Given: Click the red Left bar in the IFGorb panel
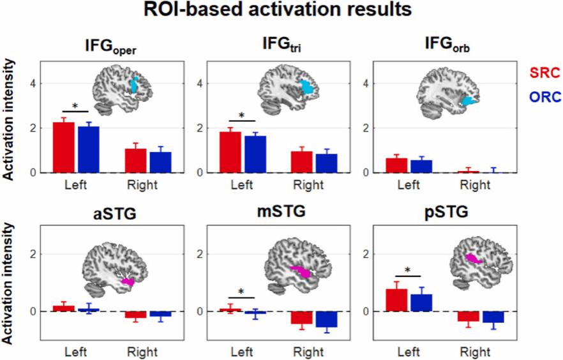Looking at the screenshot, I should [x=395, y=165].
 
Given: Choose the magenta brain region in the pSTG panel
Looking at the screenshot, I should [x=474, y=259].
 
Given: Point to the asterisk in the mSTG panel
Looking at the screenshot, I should [x=242, y=292].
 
